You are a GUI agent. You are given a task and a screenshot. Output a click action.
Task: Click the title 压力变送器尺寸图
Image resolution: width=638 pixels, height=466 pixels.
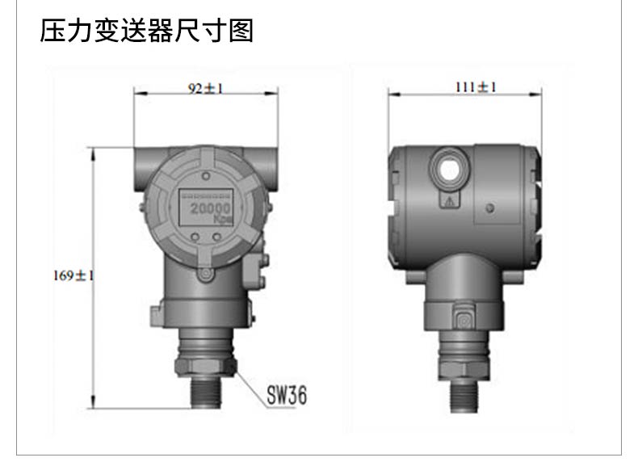(x=146, y=31)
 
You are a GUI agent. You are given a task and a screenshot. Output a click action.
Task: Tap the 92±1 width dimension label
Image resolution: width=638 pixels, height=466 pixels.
(x=205, y=88)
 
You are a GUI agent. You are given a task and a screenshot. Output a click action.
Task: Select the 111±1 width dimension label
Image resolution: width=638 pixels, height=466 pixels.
(x=476, y=87)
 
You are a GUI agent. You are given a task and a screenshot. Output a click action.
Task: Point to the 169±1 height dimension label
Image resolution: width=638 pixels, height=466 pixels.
(x=73, y=275)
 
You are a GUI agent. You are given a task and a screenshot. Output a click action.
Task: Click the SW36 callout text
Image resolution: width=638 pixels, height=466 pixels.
(x=287, y=394)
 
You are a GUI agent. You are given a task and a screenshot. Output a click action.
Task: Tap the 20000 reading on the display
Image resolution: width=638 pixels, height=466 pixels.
(x=211, y=208)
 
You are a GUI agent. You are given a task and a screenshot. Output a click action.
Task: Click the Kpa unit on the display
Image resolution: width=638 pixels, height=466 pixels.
(x=223, y=220)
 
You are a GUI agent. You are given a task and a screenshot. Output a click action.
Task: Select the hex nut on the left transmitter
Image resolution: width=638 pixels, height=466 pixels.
(x=206, y=367)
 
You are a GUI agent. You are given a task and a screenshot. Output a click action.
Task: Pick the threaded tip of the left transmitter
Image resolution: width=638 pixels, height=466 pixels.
(x=206, y=392)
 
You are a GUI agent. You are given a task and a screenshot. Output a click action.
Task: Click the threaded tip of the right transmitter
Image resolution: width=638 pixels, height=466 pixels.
(x=464, y=396)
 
